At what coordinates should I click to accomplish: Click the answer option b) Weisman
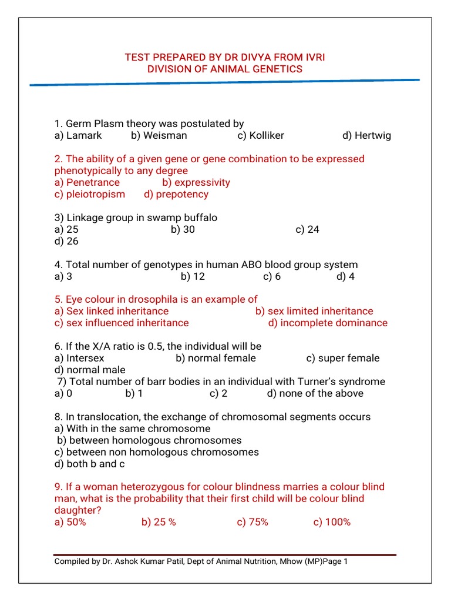(x=159, y=136)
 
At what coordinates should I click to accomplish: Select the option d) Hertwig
(x=366, y=136)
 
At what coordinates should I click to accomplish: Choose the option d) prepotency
(x=176, y=194)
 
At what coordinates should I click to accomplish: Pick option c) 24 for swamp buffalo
(x=307, y=229)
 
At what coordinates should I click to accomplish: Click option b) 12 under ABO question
(x=193, y=276)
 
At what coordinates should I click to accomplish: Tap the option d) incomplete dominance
(x=328, y=323)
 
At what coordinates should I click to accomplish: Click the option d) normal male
(x=90, y=370)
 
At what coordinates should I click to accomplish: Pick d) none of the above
(x=315, y=393)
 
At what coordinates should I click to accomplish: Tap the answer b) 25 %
(x=159, y=522)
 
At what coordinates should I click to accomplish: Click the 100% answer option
(x=332, y=522)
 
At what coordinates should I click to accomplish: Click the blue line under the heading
(x=225, y=82)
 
